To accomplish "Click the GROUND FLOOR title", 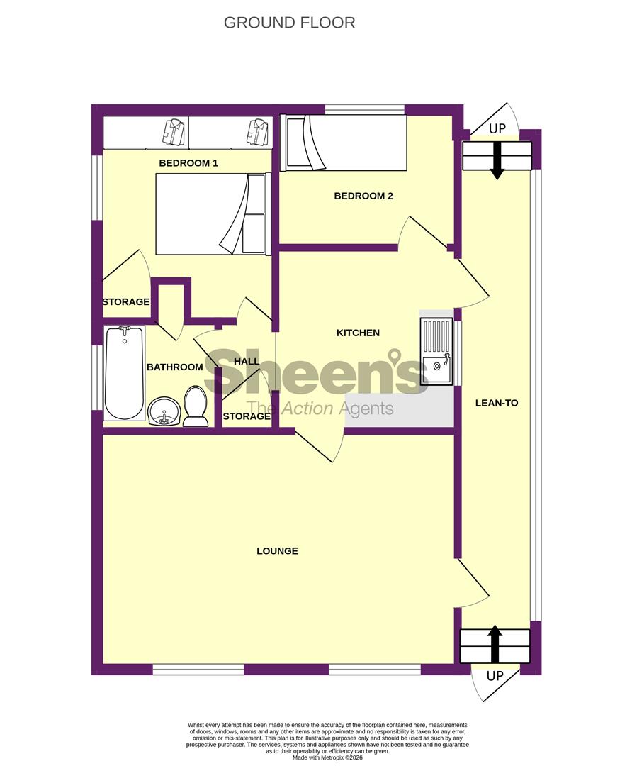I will pyautogui.click(x=289, y=23).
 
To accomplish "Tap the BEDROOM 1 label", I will pyautogui.click(x=188, y=163).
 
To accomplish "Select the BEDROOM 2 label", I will pyautogui.click(x=363, y=196).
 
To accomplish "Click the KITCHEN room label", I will pyautogui.click(x=358, y=333).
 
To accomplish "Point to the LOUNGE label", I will pyautogui.click(x=277, y=551).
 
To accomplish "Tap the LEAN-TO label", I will pyautogui.click(x=496, y=403).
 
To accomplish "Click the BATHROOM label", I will pyautogui.click(x=174, y=367).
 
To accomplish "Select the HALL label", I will pyautogui.click(x=247, y=361).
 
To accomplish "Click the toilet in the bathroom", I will pyautogui.click(x=195, y=406).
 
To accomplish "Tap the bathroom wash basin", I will pyautogui.click(x=164, y=411).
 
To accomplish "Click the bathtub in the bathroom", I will pyautogui.click(x=124, y=372).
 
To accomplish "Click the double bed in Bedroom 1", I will pyautogui.click(x=211, y=213).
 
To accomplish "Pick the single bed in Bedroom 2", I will pyautogui.click(x=344, y=143).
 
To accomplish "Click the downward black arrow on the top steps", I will pyautogui.click(x=497, y=160).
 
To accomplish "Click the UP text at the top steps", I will pyautogui.click(x=497, y=129).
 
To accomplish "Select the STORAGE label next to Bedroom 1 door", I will pyautogui.click(x=125, y=302).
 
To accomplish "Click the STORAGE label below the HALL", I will pyautogui.click(x=247, y=416).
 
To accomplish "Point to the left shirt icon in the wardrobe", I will pyautogui.click(x=174, y=131).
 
